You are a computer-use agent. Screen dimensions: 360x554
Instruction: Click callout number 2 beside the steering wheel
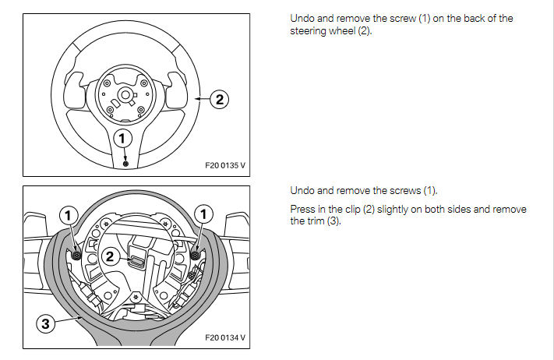point(220,99)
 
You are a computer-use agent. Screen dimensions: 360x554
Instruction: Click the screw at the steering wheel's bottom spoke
point(125,164)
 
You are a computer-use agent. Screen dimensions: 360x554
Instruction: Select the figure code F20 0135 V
point(224,166)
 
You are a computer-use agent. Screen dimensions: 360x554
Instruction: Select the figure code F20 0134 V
point(224,337)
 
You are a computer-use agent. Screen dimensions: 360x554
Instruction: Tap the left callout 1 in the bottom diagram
point(70,214)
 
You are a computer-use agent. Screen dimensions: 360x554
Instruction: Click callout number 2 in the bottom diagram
point(111,255)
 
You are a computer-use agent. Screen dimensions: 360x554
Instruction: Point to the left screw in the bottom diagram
point(76,255)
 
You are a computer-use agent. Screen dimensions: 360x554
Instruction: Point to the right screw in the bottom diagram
point(194,255)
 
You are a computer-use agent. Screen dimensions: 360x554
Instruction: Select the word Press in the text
point(302,210)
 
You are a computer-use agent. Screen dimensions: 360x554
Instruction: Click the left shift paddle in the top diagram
point(76,87)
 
